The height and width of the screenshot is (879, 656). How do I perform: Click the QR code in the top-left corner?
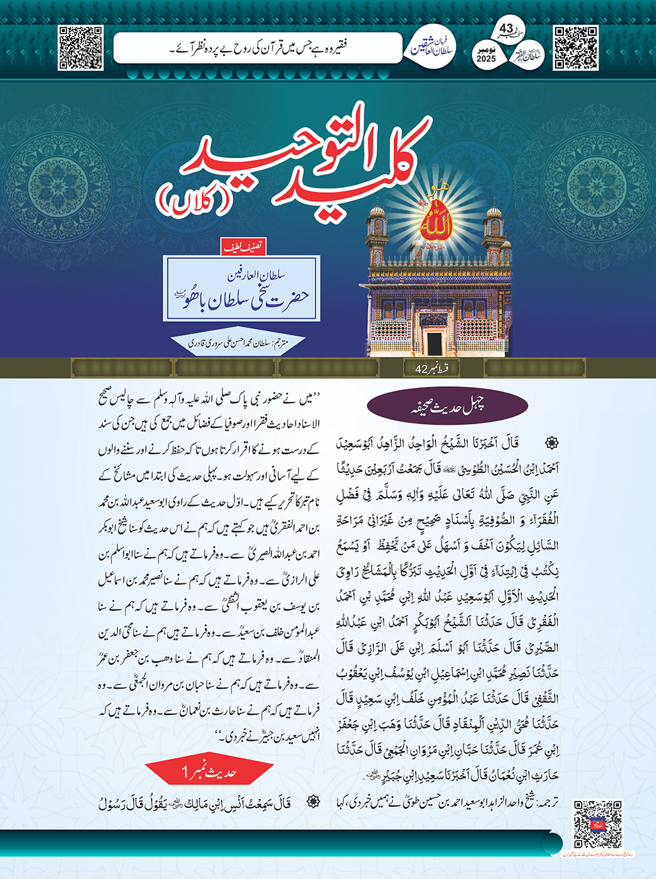click(81, 48)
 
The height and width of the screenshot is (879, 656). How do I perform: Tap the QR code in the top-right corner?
click(575, 48)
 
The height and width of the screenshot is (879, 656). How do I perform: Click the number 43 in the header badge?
click(506, 29)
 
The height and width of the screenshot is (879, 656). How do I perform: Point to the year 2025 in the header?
click(486, 59)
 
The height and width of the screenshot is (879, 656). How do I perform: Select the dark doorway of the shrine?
click(437, 339)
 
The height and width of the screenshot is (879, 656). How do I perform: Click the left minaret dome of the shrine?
click(377, 210)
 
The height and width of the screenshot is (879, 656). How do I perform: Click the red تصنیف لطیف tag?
click(243, 247)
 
